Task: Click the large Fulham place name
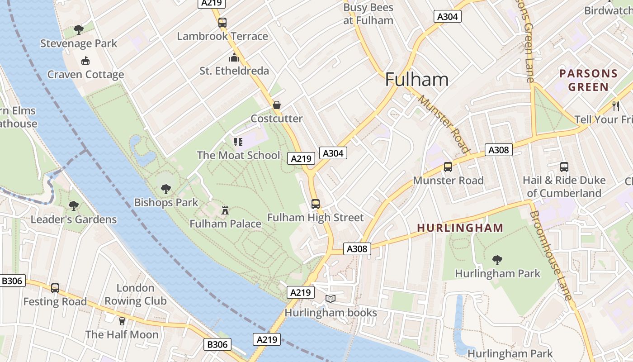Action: (x=417, y=80)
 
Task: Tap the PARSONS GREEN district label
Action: (x=588, y=80)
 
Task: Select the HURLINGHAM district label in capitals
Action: (x=460, y=228)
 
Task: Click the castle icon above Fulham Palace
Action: (x=225, y=210)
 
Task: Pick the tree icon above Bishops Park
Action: (x=166, y=189)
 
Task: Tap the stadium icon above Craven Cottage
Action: (x=85, y=61)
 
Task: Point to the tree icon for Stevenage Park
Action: (x=79, y=30)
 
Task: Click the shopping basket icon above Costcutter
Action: (x=277, y=105)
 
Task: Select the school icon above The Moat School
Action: (x=238, y=142)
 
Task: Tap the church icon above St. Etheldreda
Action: (x=234, y=57)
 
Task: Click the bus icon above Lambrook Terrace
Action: (x=222, y=22)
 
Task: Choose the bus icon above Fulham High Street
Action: (x=316, y=204)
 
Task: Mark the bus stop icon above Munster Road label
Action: (x=448, y=167)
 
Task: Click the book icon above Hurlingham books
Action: (x=331, y=299)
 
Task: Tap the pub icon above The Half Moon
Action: (x=122, y=321)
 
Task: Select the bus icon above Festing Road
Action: (x=55, y=288)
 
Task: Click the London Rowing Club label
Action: (x=135, y=295)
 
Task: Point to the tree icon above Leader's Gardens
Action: (x=74, y=206)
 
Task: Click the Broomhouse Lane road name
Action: (x=551, y=256)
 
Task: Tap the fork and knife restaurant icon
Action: (x=615, y=106)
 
